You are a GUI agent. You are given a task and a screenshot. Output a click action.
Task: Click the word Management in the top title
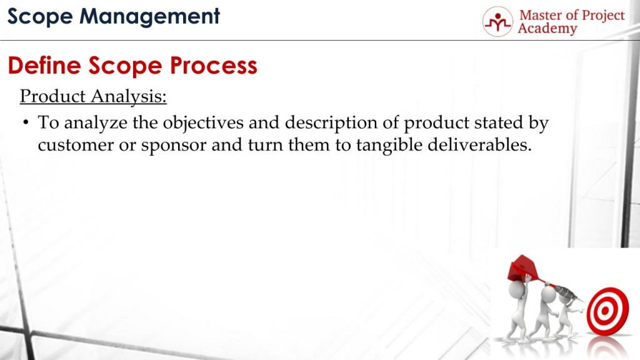(x=149, y=17)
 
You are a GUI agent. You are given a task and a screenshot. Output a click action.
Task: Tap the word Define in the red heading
(x=44, y=65)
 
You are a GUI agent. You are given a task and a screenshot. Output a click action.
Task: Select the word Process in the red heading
(x=214, y=65)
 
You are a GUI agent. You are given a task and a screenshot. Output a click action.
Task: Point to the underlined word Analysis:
(x=129, y=97)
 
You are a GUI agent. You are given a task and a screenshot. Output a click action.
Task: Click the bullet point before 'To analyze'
(x=26, y=122)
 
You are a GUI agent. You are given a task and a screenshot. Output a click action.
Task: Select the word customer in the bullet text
(x=76, y=145)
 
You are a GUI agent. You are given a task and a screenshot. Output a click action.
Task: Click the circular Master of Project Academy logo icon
(x=497, y=22)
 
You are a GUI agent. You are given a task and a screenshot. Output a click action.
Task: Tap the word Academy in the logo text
(x=547, y=29)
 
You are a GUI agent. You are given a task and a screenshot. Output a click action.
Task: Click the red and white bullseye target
(x=607, y=311)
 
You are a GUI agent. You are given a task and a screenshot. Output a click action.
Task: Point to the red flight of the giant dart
(x=524, y=267)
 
